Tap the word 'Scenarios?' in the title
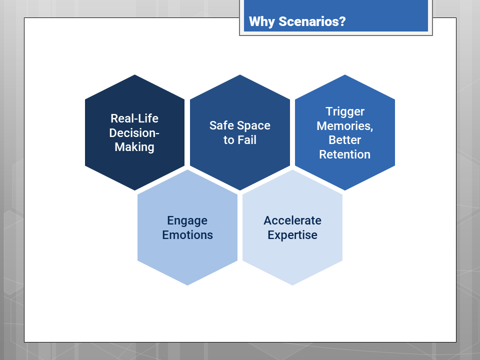[311, 22]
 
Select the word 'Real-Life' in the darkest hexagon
[134, 118]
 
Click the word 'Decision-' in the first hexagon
[134, 132]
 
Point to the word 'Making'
[134, 146]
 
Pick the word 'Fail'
[247, 140]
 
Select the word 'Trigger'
[345, 111]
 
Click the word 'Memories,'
[345, 125]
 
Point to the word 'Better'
[345, 140]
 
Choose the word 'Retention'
[345, 154]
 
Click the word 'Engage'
[187, 220]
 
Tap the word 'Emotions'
[187, 235]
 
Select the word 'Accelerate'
[292, 220]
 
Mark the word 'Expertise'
[292, 235]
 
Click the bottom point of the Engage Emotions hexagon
[187, 284]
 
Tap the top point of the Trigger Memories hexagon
[345, 75]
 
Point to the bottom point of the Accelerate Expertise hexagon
[292, 284]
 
